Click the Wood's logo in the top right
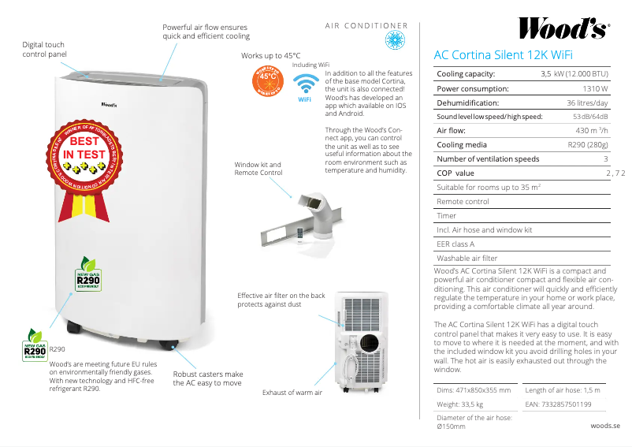[563, 29]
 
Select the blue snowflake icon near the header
[392, 40]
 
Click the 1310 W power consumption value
[595, 88]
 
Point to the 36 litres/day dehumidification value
[587, 103]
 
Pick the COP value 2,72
[614, 173]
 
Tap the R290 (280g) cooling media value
[588, 145]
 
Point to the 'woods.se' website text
[605, 425]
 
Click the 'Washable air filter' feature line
[467, 259]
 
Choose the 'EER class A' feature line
[455, 244]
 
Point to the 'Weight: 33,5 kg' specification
[459, 404]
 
